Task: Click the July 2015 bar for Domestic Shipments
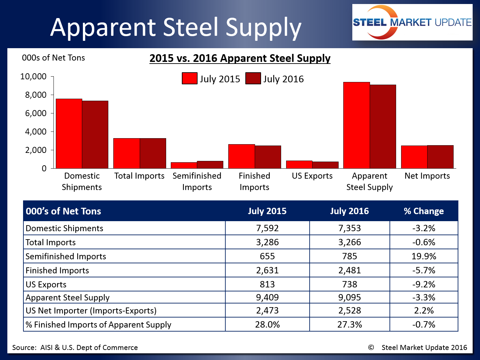click(x=69, y=133)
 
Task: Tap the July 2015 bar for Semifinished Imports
click(x=184, y=165)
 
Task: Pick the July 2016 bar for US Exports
click(x=325, y=165)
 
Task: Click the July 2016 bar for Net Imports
click(x=440, y=157)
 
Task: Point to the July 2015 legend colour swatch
click(x=190, y=79)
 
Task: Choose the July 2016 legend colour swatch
click(x=253, y=79)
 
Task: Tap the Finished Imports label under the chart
click(x=254, y=181)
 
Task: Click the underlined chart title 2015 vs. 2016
click(x=240, y=58)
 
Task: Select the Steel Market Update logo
click(x=412, y=22)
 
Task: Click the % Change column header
click(x=424, y=211)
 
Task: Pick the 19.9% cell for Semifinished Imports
click(x=424, y=256)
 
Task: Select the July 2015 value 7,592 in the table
click(x=267, y=228)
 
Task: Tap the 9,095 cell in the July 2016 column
click(x=349, y=297)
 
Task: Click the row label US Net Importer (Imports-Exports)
click(x=91, y=310)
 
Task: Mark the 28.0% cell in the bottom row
click(x=267, y=325)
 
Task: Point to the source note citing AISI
click(x=75, y=348)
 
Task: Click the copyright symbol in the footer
click(x=371, y=347)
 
